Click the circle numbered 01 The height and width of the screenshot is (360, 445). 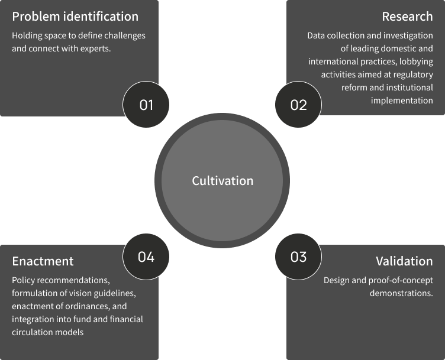pyautogui.click(x=146, y=105)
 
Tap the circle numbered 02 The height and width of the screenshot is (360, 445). pyautogui.click(x=299, y=105)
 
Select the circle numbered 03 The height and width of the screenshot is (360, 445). pyautogui.click(x=299, y=257)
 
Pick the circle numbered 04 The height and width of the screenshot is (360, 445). pyautogui.click(x=146, y=257)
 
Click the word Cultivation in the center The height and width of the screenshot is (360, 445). pyautogui.click(x=222, y=181)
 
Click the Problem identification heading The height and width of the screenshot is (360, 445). pyautogui.click(x=75, y=17)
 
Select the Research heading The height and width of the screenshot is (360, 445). pyautogui.click(x=407, y=17)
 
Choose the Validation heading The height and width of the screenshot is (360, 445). pyautogui.click(x=404, y=261)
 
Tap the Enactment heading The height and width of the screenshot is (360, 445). pyautogui.click(x=43, y=261)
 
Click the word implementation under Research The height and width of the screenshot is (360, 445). pyautogui.click(x=402, y=100)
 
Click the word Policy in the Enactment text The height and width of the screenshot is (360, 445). pyautogui.click(x=23, y=280)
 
